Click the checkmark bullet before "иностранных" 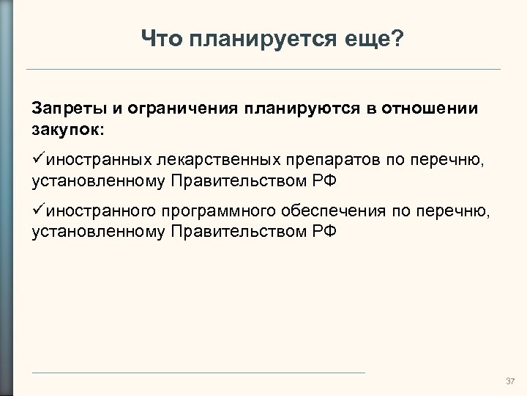[x=39, y=158]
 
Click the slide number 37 [x=510, y=382]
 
